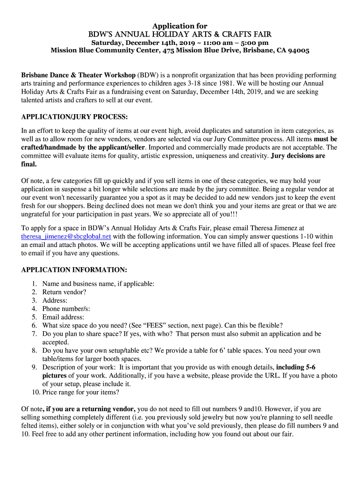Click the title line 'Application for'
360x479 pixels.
(180, 26)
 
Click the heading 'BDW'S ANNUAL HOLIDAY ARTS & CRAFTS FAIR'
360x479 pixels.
(180, 35)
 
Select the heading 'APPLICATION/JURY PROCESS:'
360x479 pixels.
(74, 116)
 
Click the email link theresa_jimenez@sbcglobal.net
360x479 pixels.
(66, 237)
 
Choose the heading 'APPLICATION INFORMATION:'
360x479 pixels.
(74, 270)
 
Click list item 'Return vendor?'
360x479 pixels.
(64, 292)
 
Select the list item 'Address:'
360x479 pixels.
(55, 300)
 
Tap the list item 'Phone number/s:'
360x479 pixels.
(66, 309)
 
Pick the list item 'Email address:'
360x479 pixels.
(63, 317)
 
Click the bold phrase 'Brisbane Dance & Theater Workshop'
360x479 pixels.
(78, 75)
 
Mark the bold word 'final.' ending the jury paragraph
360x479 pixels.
(29, 164)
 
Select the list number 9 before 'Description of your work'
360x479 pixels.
(35, 367)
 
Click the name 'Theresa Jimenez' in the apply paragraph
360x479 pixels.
(275, 228)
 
